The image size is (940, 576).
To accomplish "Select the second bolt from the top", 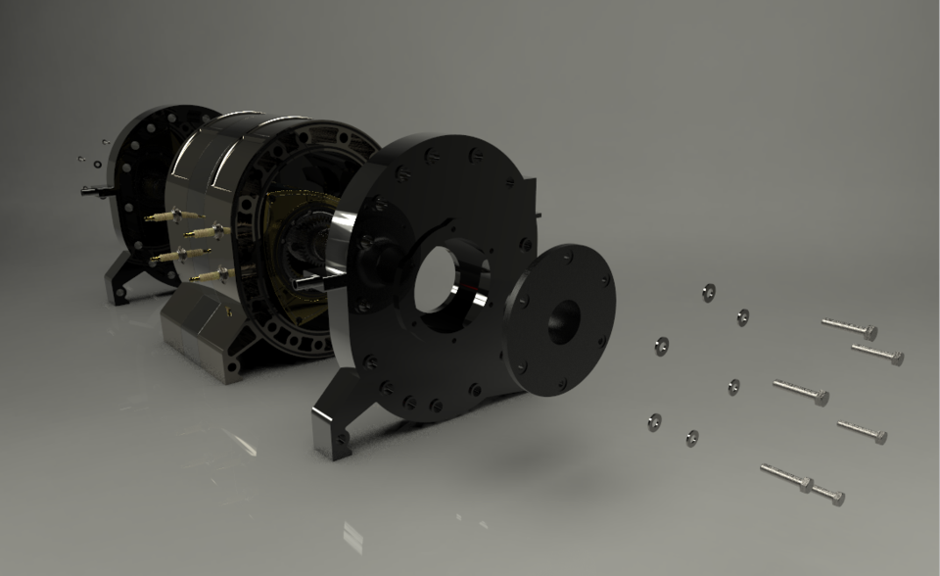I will pyautogui.click(x=876, y=354).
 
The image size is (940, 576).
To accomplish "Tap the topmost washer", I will pyautogui.click(x=709, y=292).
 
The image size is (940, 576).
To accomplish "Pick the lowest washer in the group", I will pyautogui.click(x=692, y=437).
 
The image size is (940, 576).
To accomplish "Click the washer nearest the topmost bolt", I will pyautogui.click(x=743, y=316).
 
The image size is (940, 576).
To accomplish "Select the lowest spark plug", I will pyautogui.click(x=210, y=277).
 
